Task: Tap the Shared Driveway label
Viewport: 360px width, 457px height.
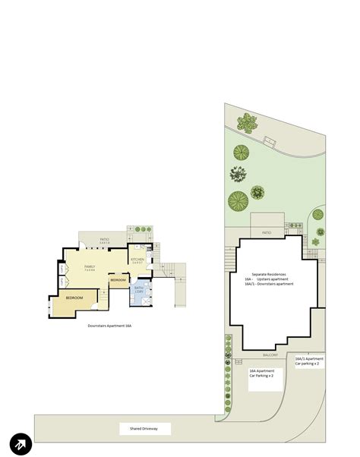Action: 139,430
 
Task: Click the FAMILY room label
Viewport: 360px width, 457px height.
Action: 89,267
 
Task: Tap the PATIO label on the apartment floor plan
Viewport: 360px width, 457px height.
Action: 103,241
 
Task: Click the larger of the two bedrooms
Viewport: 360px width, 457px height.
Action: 73,298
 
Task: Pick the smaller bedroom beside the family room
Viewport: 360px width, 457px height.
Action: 118,281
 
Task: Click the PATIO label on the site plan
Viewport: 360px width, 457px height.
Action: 267,232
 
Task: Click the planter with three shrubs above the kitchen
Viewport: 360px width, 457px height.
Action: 141,229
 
